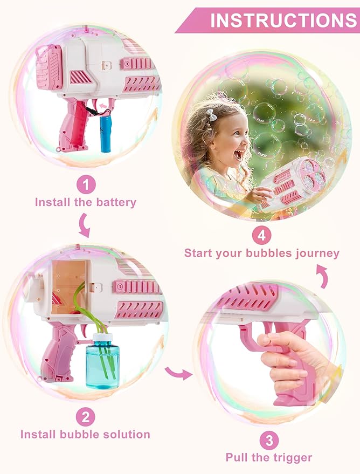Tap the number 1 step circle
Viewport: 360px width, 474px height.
click(86, 185)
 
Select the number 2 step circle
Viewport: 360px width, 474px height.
click(85, 416)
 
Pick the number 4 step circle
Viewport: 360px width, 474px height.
click(261, 236)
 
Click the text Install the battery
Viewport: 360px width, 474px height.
click(86, 203)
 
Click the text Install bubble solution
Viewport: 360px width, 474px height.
click(85, 434)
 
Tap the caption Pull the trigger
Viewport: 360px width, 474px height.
click(269, 458)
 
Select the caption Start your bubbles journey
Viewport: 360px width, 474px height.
click(262, 253)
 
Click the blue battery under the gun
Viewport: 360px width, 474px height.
click(105, 134)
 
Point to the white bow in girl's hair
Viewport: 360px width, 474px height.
click(210, 115)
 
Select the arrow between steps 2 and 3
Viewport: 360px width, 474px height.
click(178, 372)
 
